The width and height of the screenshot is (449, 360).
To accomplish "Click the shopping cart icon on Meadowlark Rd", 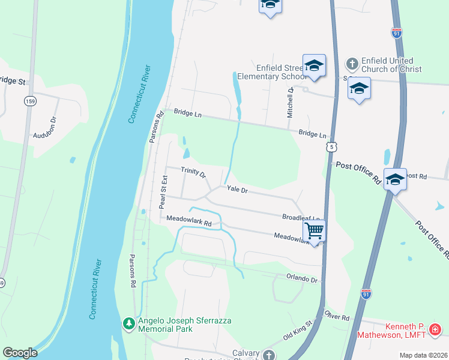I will click(x=314, y=230).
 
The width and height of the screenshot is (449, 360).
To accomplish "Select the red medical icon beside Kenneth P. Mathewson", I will click(x=435, y=329).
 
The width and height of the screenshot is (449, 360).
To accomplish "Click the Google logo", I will click(x=20, y=353).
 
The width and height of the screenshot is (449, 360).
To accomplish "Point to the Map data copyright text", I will click(x=423, y=355).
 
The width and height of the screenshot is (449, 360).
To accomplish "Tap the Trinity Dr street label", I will click(x=193, y=173).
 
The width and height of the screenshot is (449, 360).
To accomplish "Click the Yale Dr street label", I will click(x=237, y=190).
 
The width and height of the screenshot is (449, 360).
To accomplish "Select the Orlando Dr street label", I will click(x=301, y=279).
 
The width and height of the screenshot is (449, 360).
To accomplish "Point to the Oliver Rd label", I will click(x=337, y=316).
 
